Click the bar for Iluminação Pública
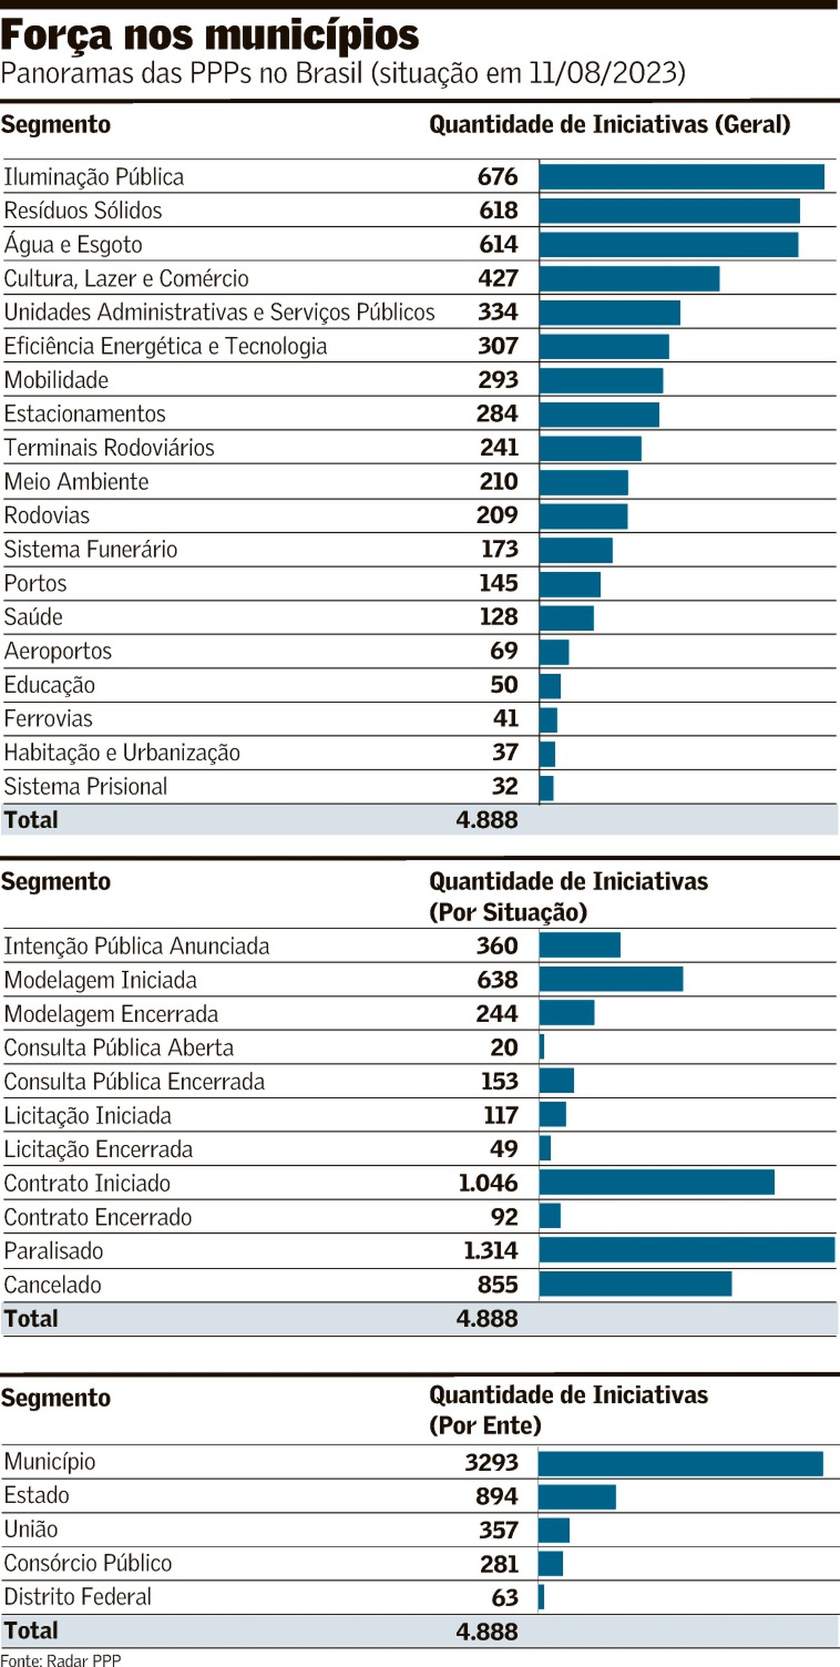point(681,176)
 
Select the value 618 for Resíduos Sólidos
point(498,210)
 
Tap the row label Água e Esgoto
point(73,244)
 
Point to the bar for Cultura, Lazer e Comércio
point(629,278)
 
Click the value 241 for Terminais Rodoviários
point(499,447)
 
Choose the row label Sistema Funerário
point(91,550)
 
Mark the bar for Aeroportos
point(554,652)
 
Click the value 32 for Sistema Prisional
point(505,786)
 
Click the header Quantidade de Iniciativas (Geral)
point(610,125)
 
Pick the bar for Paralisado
point(687,1250)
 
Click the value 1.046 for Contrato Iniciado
point(488,1183)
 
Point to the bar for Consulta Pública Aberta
point(542,1047)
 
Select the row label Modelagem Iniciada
point(101,980)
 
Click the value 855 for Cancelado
point(497,1284)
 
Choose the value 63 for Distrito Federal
point(505,1597)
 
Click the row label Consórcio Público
point(88,1563)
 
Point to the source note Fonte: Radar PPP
point(61,1659)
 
